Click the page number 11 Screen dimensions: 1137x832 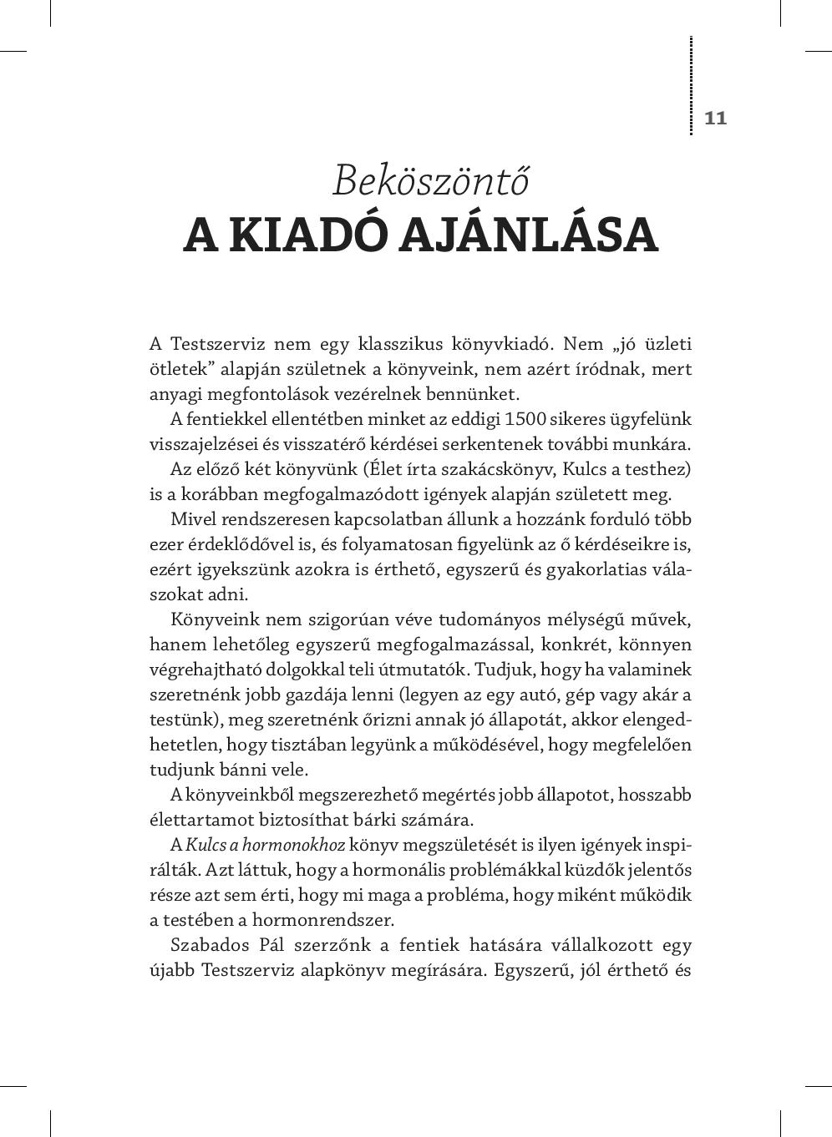point(716,118)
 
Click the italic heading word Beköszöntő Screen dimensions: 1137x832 point(430,180)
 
